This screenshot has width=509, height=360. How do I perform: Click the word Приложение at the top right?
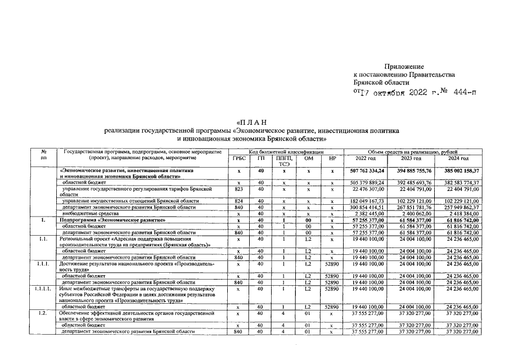coord(404,67)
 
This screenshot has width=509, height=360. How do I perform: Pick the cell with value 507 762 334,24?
coord(367,171)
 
